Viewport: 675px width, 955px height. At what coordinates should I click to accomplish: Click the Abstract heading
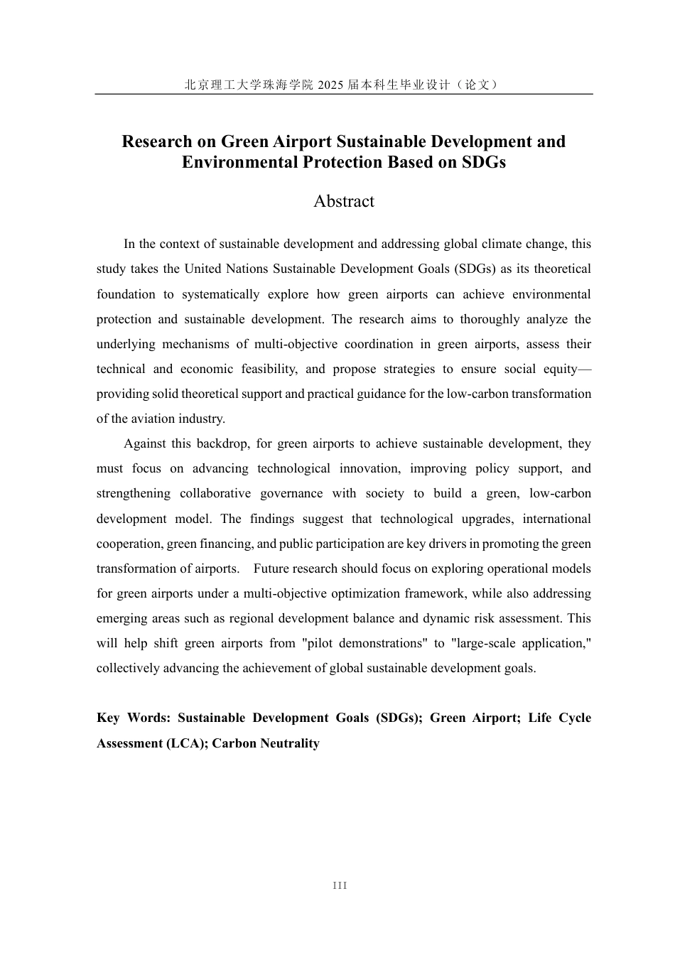(344, 201)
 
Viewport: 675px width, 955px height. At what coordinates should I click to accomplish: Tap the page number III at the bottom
(340, 885)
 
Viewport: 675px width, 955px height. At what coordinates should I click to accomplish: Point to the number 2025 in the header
(330, 85)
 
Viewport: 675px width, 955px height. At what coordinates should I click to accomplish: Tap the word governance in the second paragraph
(291, 493)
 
